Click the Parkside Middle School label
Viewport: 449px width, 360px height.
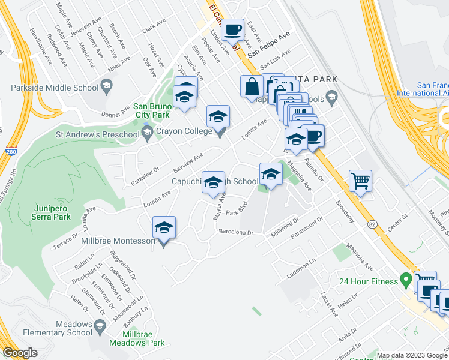(55, 88)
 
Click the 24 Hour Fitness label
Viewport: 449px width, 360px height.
(368, 281)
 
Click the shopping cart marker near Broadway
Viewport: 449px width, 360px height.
(360, 180)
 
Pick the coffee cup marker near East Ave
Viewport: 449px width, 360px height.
(232, 29)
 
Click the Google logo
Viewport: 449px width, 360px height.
(20, 353)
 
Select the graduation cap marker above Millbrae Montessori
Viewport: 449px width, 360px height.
(164, 228)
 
